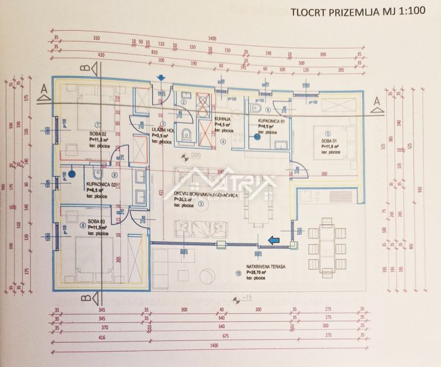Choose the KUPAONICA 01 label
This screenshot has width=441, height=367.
tap(274, 121)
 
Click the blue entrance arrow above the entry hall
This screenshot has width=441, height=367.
tap(161, 79)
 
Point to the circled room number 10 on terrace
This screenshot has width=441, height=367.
tap(238, 273)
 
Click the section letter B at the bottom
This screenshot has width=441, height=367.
tap(84, 299)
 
